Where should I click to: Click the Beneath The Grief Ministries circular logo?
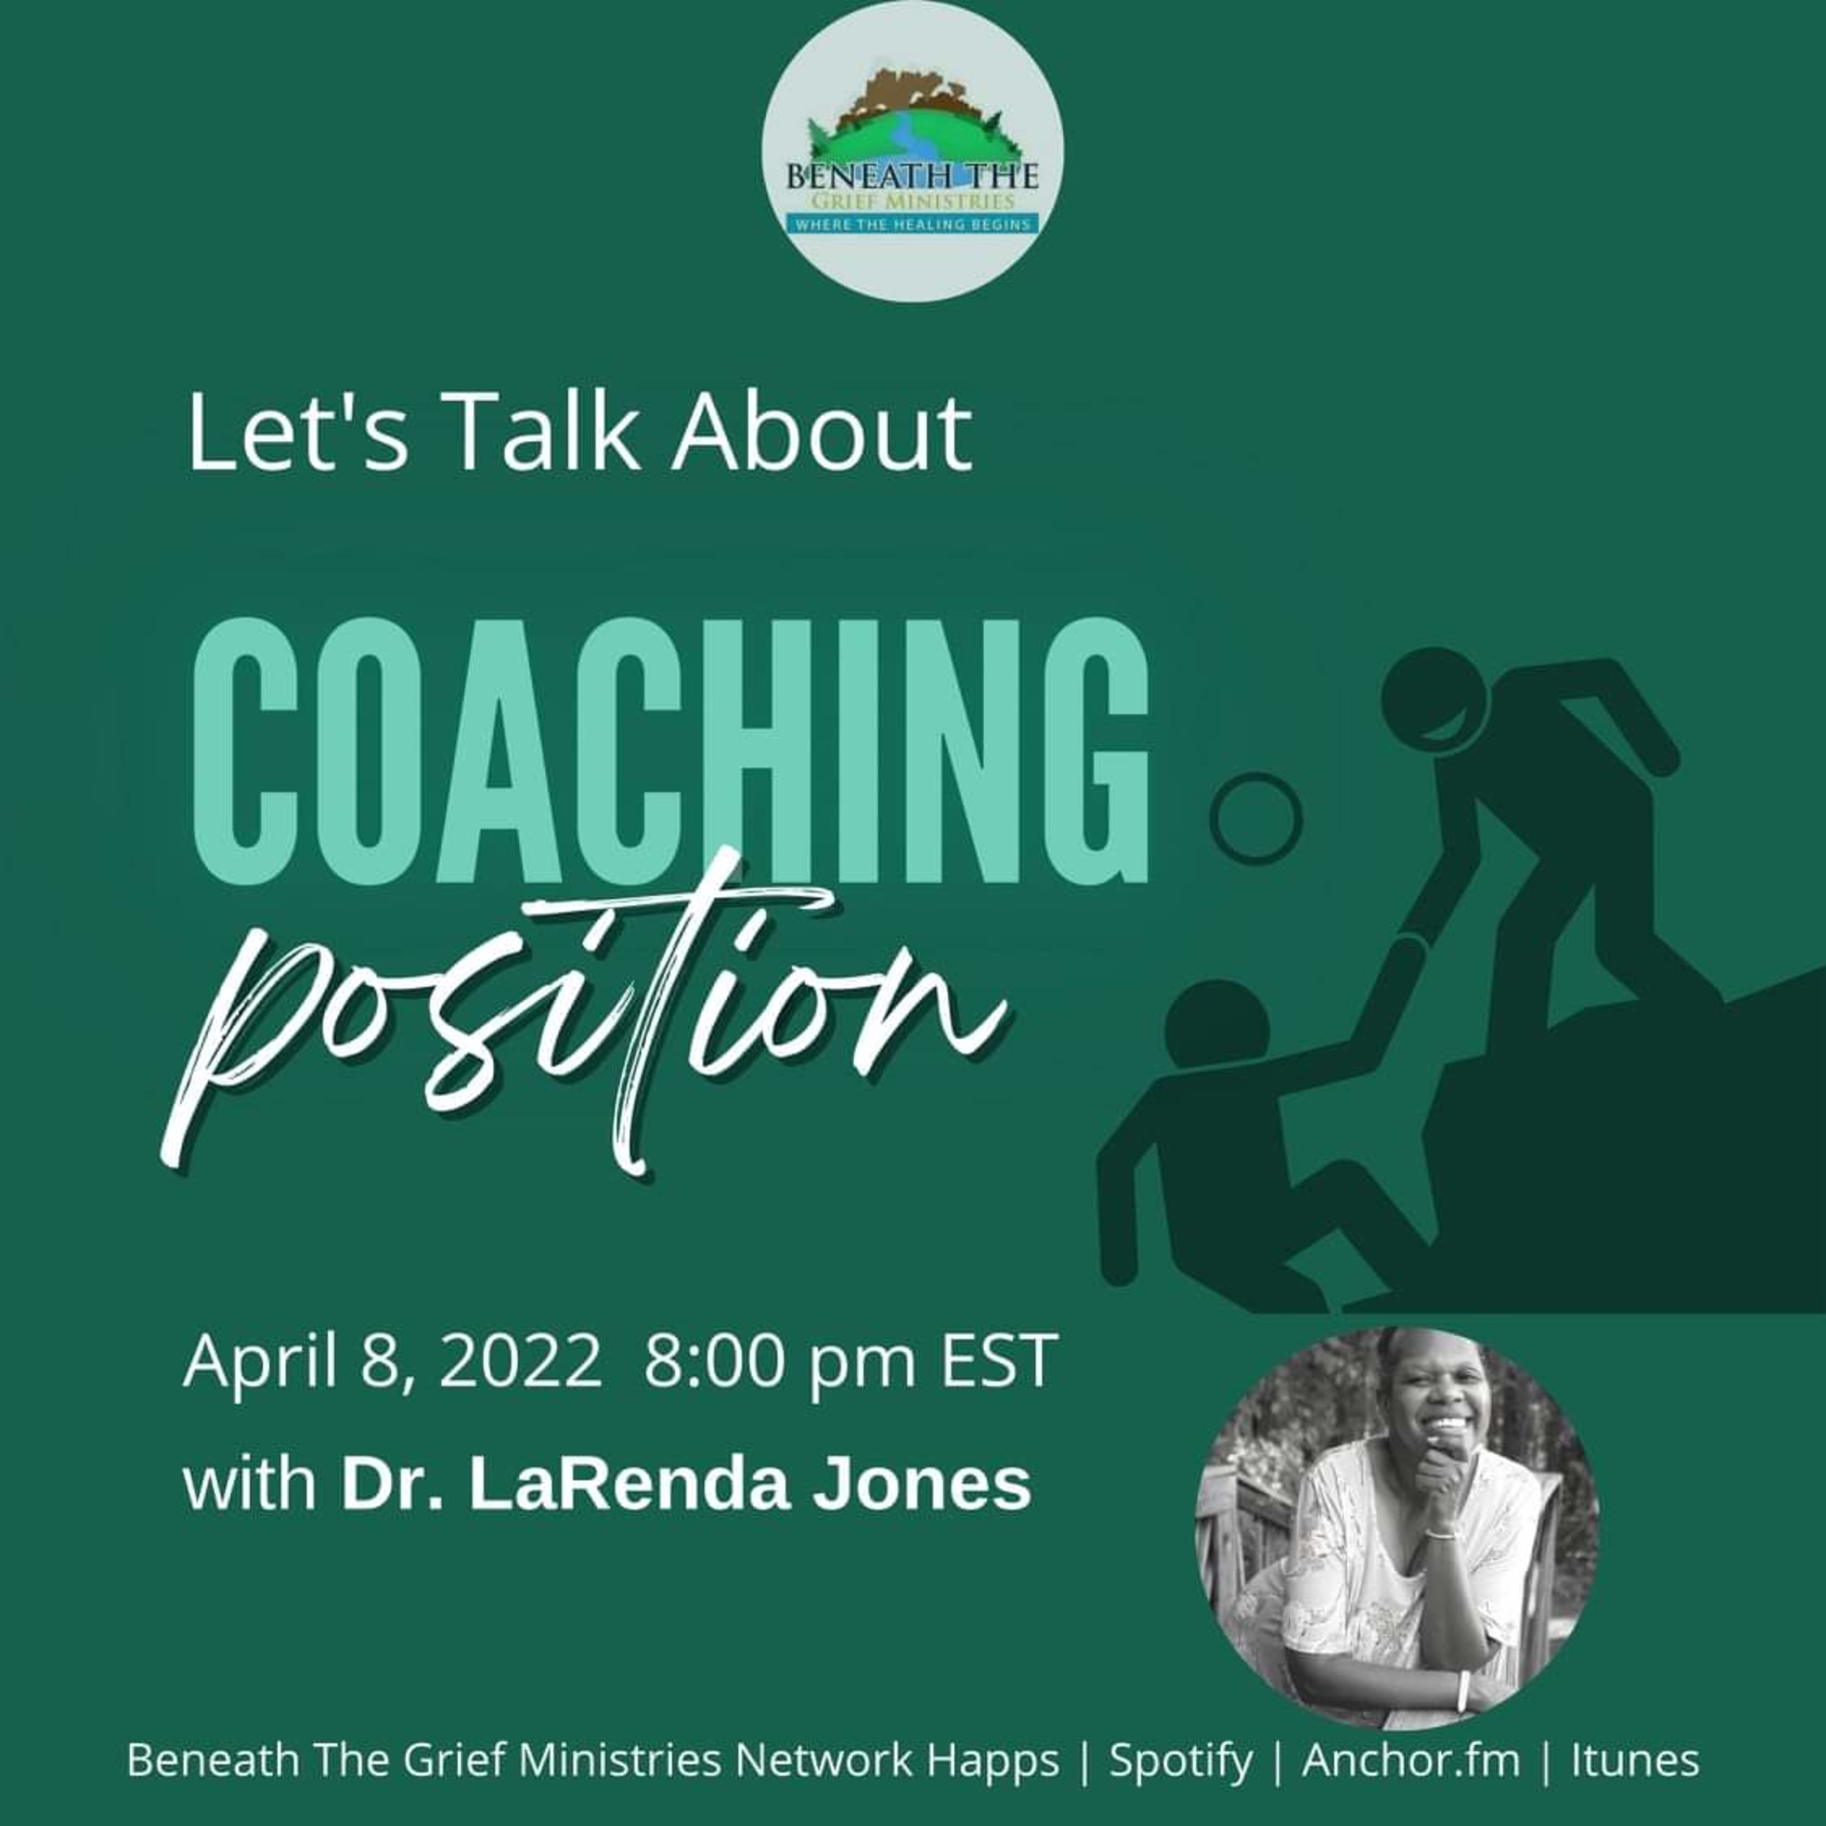pos(913,151)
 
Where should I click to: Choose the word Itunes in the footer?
pos(1635,1760)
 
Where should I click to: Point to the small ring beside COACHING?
pos(1256,819)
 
